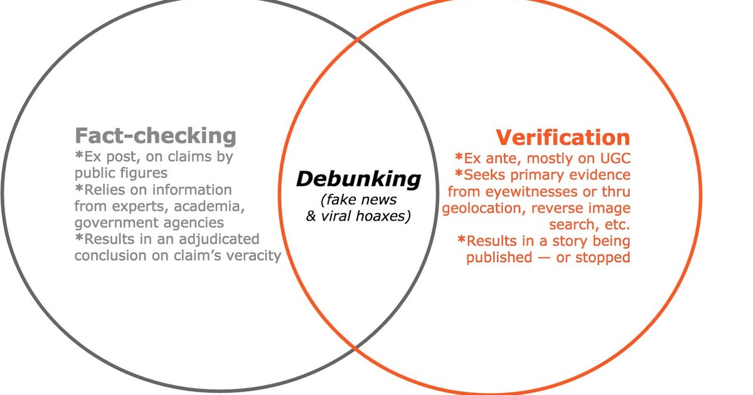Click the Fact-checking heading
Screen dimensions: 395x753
[156, 135]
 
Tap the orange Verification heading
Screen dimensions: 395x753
[562, 137]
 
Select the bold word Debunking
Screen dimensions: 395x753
[358, 179]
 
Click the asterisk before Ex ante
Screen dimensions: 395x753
[460, 157]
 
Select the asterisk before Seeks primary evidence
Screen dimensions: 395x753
[460, 174]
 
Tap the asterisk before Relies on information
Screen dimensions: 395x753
[78, 189]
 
